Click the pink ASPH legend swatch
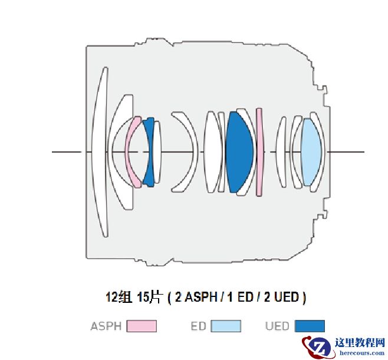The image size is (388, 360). [142, 326]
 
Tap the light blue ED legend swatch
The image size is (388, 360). [226, 326]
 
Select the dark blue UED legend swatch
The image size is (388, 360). [310, 326]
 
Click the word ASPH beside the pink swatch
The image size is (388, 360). [106, 326]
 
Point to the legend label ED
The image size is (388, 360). [199, 326]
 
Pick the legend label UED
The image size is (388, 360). [277, 326]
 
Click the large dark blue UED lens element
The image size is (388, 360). [239, 152]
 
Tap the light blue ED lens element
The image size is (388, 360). [311, 152]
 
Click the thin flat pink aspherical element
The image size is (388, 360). [259, 152]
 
